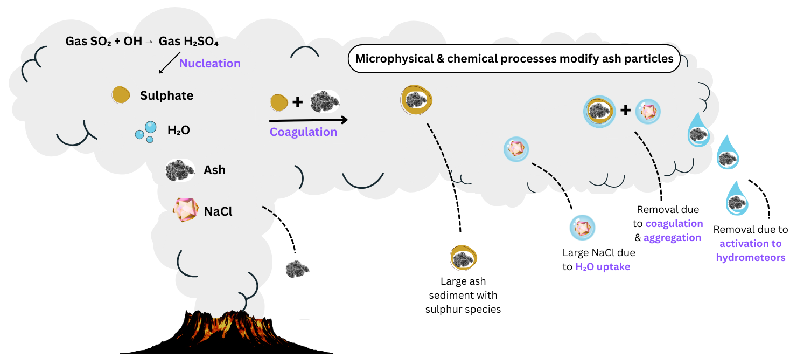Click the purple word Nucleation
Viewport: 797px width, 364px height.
coord(210,64)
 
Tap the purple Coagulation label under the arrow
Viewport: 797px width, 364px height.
coord(303,132)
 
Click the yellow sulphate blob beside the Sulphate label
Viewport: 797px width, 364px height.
coord(121,95)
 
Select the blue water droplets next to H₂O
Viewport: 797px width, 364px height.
coord(146,132)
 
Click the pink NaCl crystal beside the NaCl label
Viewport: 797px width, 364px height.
coord(185,210)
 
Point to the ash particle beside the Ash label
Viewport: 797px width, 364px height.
coord(180,170)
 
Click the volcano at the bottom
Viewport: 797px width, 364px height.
coord(226,332)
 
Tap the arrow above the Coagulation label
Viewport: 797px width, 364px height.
coord(309,120)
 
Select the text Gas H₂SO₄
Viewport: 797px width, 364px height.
coord(188,42)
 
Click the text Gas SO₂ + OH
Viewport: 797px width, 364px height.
coord(104,42)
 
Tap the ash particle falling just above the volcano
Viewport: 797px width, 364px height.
coord(297,269)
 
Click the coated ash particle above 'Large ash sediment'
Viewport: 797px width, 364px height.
coord(463,258)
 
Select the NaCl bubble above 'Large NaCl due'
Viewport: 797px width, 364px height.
coord(583,228)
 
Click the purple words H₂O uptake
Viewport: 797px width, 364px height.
coord(603,267)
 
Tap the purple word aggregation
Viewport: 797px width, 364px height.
coord(673,238)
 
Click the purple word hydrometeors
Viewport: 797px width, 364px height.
coord(751,258)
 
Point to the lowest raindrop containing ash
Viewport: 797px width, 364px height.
coord(737,198)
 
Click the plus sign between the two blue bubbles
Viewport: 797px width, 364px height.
coord(626,111)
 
